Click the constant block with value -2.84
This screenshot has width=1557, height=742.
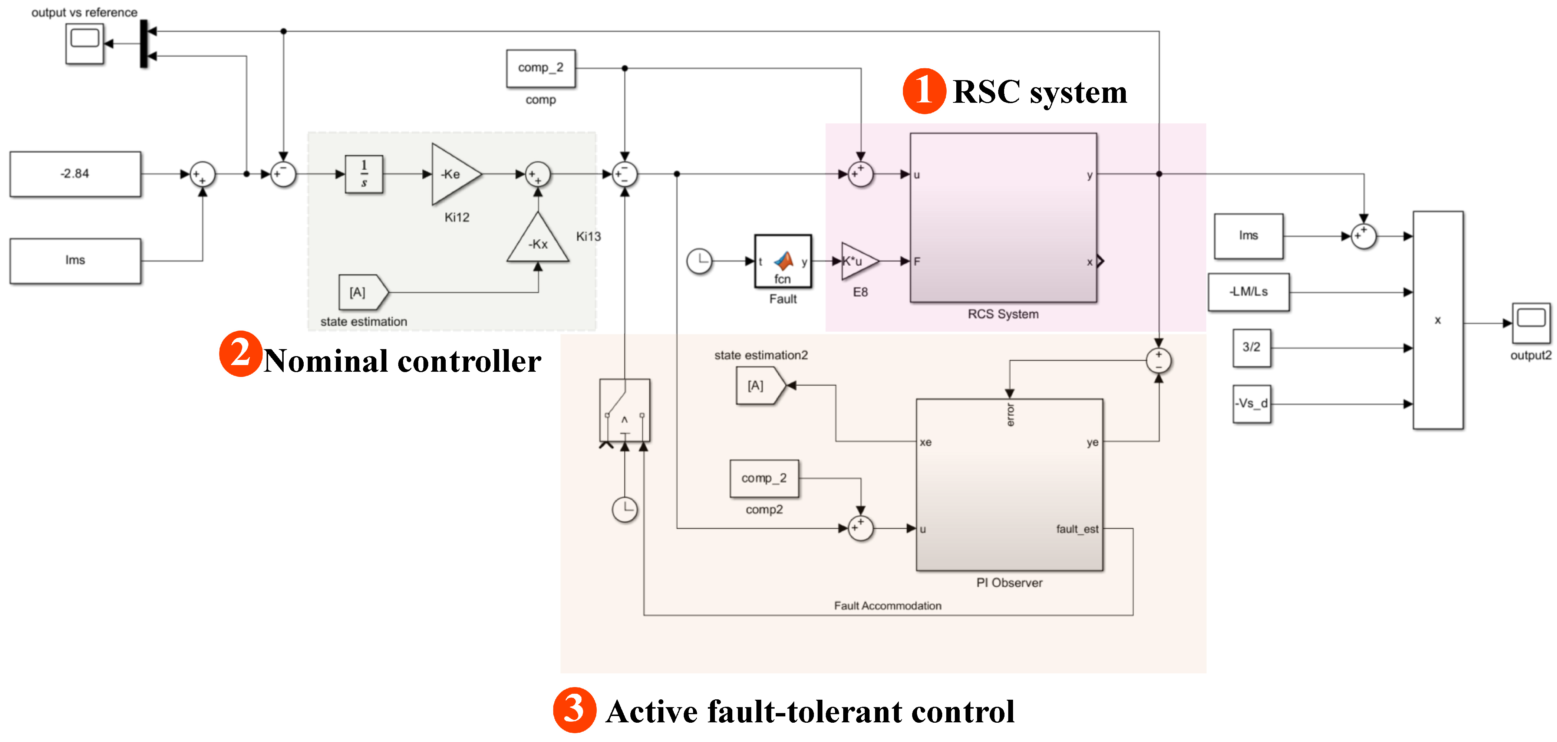point(75,174)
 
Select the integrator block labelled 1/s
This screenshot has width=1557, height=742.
point(364,174)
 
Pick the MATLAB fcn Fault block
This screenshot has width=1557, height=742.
point(783,261)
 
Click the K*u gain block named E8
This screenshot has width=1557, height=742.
point(857,261)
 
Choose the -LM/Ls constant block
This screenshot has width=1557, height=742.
point(1249,292)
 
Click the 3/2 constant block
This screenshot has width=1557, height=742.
point(1251,348)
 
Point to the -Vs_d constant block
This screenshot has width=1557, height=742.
point(1251,403)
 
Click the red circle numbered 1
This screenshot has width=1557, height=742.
point(924,91)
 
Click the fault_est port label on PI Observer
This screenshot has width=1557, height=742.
point(1077,529)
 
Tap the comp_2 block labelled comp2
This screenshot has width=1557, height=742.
point(764,478)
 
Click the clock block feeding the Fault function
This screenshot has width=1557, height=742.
point(699,261)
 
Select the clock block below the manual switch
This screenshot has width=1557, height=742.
point(624,509)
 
